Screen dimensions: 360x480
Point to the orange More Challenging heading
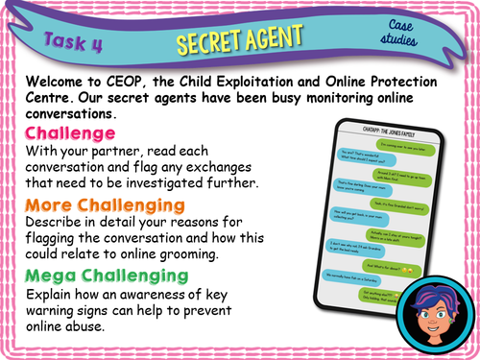(105, 204)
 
